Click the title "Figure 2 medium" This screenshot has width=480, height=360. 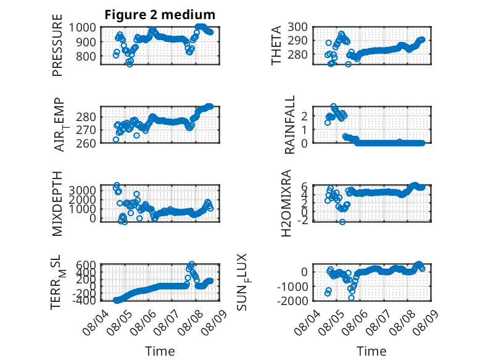click(160, 14)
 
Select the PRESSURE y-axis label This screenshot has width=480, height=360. click(57, 45)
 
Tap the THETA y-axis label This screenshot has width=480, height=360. click(276, 45)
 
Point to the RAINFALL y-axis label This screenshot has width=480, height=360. click(289, 124)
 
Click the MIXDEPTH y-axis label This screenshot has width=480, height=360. click(57, 203)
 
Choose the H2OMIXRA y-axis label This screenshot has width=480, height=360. click(286, 203)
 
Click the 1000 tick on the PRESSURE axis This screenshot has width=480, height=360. click(82, 28)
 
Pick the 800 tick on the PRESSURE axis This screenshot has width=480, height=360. click(86, 56)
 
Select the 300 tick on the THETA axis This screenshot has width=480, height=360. click(298, 27)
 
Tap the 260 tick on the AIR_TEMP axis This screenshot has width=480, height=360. click(86, 143)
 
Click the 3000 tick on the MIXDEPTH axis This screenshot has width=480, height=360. click(82, 190)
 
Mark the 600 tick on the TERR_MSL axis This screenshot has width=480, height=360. click(86, 265)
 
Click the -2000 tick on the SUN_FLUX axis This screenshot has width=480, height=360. click(292, 301)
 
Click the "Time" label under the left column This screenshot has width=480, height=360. click(160, 351)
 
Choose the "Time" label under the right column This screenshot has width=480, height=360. click(371, 351)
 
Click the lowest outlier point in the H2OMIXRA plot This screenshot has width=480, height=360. click(342, 222)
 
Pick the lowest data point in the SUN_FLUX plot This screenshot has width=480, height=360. click(351, 298)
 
